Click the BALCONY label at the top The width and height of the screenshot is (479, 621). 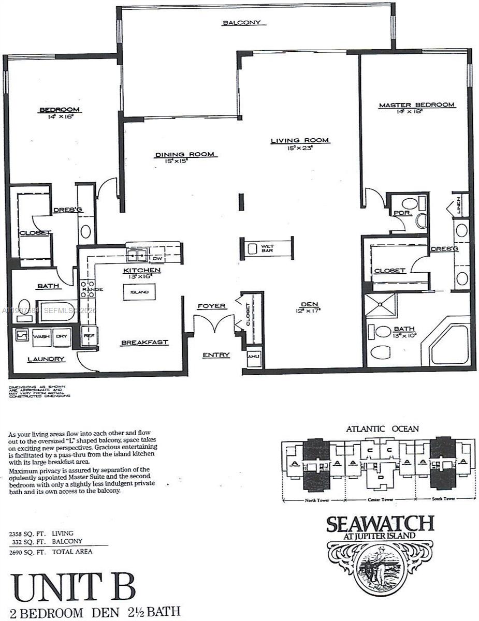point(241,23)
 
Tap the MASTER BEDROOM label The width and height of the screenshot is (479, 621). point(416,105)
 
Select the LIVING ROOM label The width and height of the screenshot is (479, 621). point(300,140)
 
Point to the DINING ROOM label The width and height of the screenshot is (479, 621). point(185,154)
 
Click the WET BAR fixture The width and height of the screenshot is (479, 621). point(267,249)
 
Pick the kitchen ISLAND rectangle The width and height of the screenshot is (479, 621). point(139,292)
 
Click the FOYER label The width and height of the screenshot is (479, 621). point(211,306)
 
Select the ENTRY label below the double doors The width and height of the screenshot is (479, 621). point(215,354)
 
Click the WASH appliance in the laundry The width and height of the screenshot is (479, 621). point(42,336)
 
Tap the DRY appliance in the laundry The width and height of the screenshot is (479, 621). point(62,336)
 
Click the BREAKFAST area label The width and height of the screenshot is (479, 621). point(139,343)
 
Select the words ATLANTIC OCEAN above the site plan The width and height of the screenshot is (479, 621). point(383,428)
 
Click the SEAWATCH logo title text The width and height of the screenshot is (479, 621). point(380,524)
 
